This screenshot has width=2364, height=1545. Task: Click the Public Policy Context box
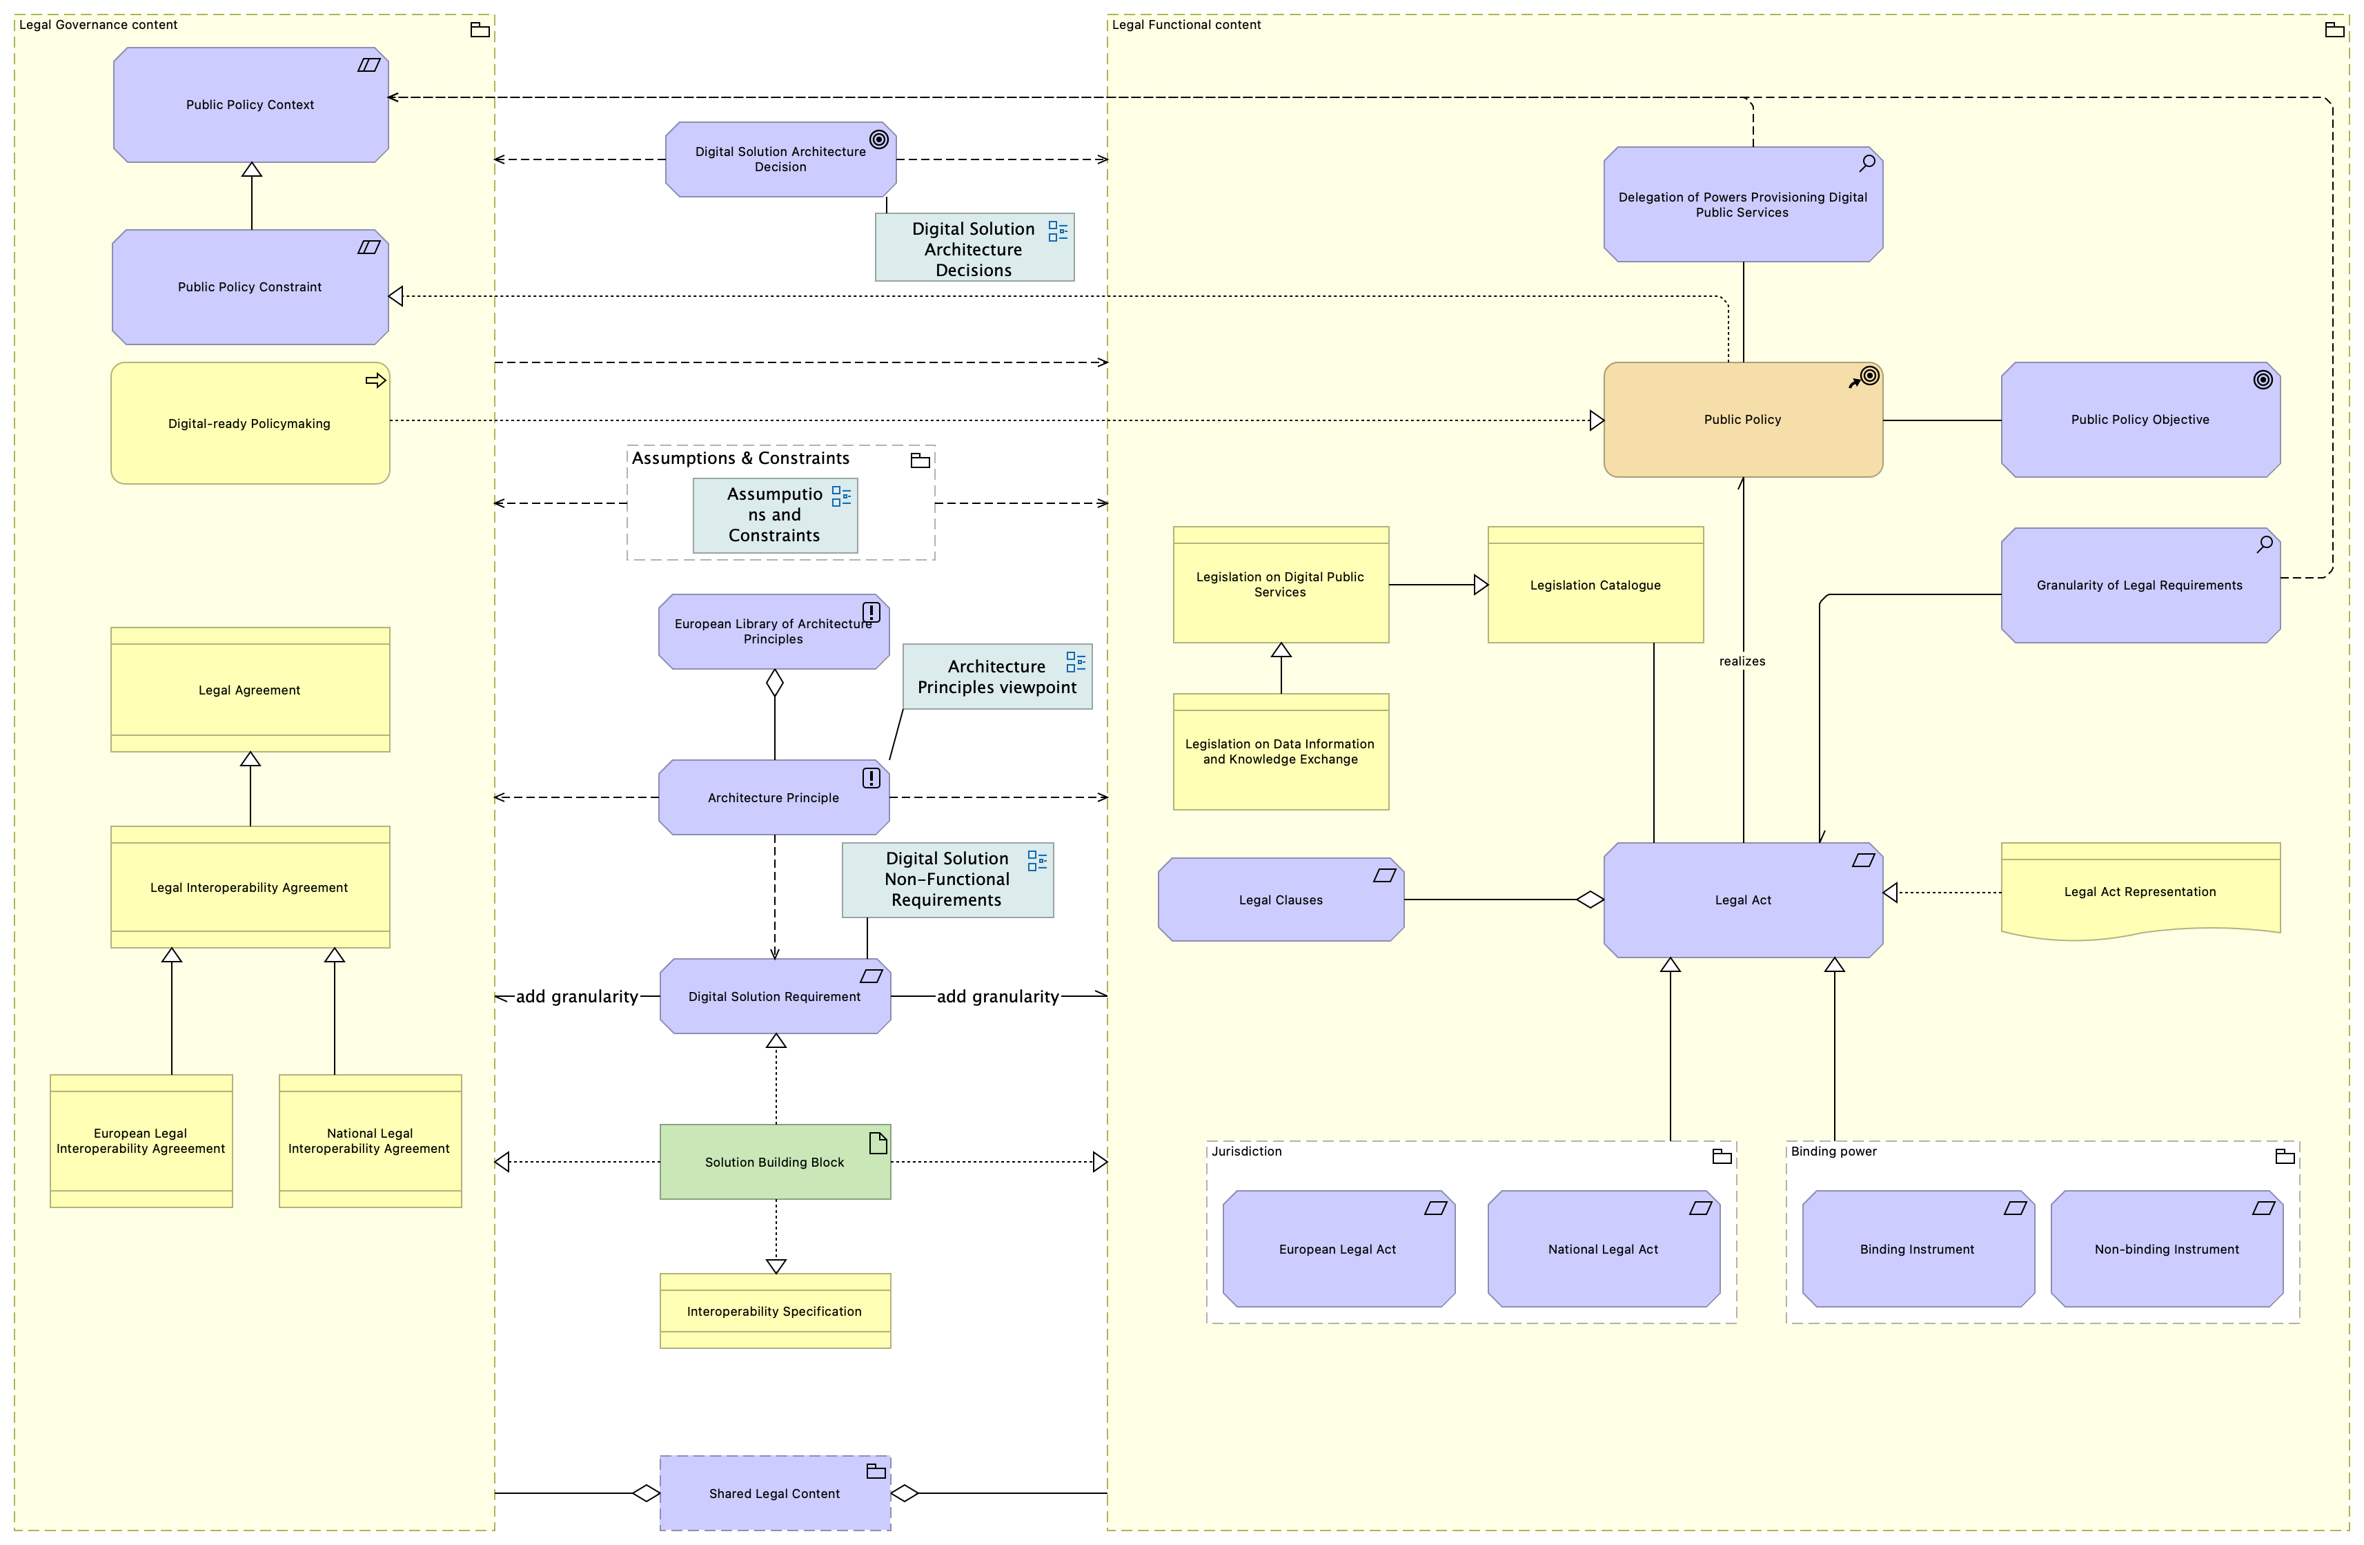[250, 104]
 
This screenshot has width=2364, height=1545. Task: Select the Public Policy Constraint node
[250, 287]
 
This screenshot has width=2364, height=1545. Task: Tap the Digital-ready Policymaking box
[250, 423]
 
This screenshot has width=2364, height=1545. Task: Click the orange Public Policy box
[1743, 419]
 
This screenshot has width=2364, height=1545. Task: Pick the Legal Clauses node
[1281, 900]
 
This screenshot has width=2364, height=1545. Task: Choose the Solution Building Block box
[775, 1161]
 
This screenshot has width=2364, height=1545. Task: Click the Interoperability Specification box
[775, 1310]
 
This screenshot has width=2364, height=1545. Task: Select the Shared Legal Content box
[775, 1493]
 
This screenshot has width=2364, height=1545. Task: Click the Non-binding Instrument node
[2167, 1249]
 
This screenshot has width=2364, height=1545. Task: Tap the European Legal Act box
[1339, 1249]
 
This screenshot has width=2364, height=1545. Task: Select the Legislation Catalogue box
[1595, 585]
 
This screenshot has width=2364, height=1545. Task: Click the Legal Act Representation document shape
[2140, 891]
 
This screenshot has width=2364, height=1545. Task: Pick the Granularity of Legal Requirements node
[2140, 585]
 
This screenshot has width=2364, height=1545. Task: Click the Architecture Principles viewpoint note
[997, 677]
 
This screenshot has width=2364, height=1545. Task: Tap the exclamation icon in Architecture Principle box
[871, 778]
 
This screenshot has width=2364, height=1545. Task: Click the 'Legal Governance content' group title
[99, 25]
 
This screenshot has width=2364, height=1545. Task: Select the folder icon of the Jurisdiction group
[1722, 1156]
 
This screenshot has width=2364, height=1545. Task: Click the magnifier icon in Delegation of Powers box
[1867, 162]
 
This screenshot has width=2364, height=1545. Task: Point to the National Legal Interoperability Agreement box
[371, 1140]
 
